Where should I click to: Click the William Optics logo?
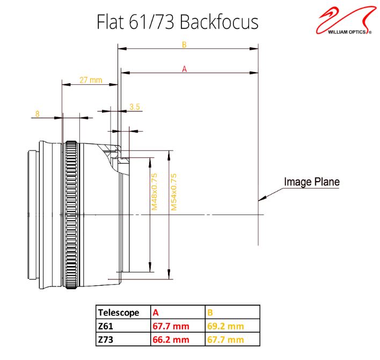click(x=345, y=20)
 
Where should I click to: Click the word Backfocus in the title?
click(x=219, y=22)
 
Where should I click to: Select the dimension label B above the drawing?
click(x=184, y=45)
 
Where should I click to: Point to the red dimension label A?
click(x=185, y=69)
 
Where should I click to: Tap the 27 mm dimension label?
click(x=91, y=80)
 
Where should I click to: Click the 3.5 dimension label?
click(x=135, y=107)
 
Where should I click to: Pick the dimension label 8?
click(x=38, y=114)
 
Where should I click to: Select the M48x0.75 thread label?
click(x=155, y=192)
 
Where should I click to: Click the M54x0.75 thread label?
click(x=174, y=192)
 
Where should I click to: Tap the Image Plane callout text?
click(x=312, y=182)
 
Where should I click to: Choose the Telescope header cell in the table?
click(x=119, y=313)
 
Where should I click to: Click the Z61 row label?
click(x=105, y=326)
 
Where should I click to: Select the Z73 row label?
click(x=105, y=340)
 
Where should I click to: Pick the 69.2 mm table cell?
click(x=225, y=326)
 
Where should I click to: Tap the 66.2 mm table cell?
click(x=171, y=340)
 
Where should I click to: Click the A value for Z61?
click(x=171, y=326)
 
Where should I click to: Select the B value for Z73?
click(x=225, y=340)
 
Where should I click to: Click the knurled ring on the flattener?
click(x=71, y=215)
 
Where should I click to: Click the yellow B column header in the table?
click(x=210, y=313)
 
